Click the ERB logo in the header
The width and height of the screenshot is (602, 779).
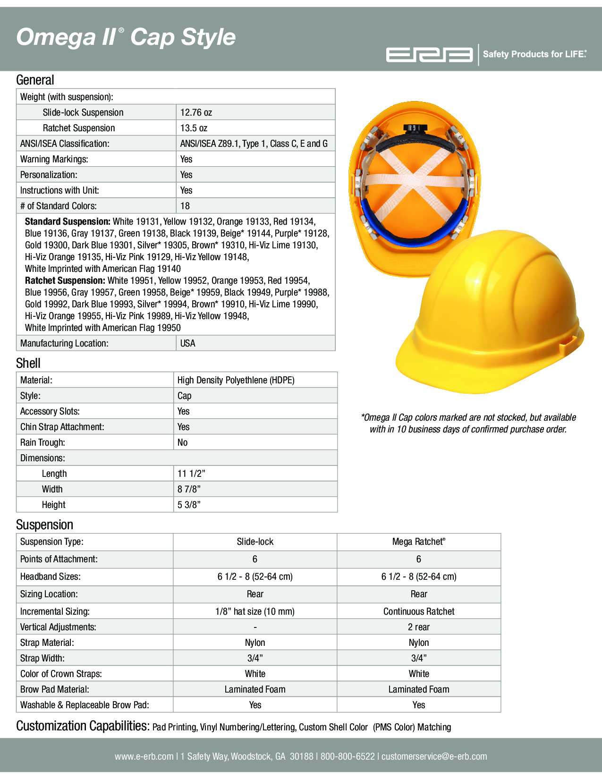click(x=429, y=55)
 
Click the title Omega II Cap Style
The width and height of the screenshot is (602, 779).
click(x=126, y=37)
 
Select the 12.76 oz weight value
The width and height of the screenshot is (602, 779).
click(x=196, y=112)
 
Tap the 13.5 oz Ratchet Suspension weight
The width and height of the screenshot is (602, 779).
click(x=194, y=128)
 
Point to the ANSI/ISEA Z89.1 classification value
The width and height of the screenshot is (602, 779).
click(x=254, y=144)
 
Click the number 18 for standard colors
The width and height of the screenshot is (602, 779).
click(x=185, y=206)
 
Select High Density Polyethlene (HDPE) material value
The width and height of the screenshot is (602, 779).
click(x=236, y=380)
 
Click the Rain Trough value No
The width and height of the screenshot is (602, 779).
click(x=182, y=442)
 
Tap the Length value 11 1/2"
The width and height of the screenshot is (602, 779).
click(x=191, y=474)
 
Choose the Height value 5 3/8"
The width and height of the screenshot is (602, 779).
click(x=189, y=505)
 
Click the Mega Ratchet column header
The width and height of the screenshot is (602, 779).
click(x=418, y=542)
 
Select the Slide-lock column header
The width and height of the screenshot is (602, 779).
click(x=255, y=542)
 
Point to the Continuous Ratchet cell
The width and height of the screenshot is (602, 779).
click(x=418, y=611)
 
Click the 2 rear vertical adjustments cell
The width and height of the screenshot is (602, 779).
click(x=418, y=627)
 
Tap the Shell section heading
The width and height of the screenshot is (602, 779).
click(x=28, y=363)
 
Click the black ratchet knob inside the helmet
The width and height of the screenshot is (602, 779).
click(x=413, y=128)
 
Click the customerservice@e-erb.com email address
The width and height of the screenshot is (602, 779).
click(x=434, y=756)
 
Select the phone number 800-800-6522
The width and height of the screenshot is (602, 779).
click(x=348, y=756)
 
